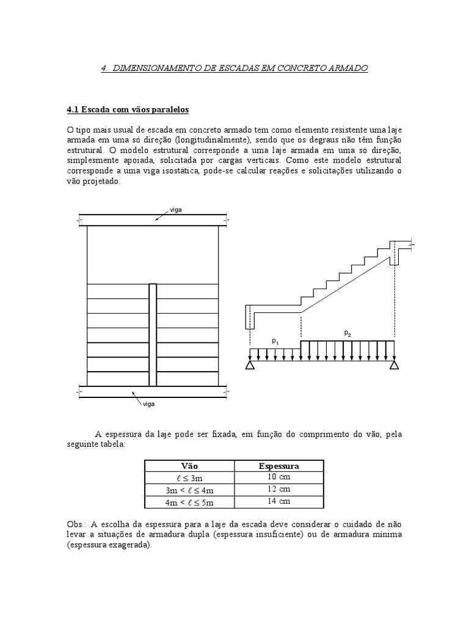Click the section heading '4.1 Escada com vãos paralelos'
128,110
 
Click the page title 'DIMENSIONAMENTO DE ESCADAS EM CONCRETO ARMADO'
240,68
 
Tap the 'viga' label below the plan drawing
149,404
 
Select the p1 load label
275,341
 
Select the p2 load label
347,333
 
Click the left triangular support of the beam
249,366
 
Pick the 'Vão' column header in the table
190,466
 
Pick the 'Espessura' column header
278,466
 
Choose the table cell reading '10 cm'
278,477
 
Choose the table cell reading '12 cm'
278,490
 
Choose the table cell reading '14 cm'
278,502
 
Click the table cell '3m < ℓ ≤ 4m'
190,490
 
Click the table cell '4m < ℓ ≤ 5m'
190,502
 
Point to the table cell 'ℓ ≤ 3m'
190,477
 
